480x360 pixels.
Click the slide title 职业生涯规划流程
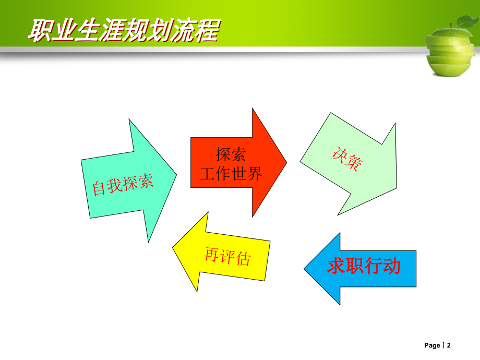pyautogui.click(x=123, y=30)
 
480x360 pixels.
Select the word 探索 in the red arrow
pyautogui.click(x=231, y=154)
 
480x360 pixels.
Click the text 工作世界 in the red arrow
pyautogui.click(x=231, y=174)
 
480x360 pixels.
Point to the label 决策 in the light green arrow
pyautogui.click(x=346, y=160)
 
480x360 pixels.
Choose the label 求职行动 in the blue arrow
pyautogui.click(x=364, y=267)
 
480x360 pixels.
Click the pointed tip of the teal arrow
pyautogui.click(x=175, y=173)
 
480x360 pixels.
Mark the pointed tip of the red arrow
pyautogui.click(x=286, y=162)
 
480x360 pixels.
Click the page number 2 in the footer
pyautogui.click(x=448, y=345)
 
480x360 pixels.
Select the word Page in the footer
pyautogui.click(x=432, y=345)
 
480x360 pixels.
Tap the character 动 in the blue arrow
pyautogui.click(x=391, y=267)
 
